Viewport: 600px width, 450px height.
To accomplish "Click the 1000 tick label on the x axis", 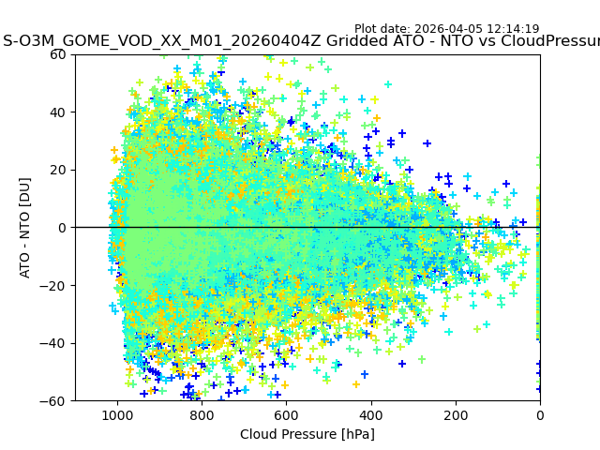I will point(117,414).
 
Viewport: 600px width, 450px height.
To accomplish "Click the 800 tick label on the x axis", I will point(202,414).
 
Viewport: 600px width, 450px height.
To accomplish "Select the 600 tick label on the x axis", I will point(286,414).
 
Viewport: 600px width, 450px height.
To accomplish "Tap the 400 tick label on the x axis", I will point(371,414).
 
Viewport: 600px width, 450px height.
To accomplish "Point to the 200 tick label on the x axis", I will point(456,414).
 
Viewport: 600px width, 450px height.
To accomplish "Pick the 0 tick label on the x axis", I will point(540,414).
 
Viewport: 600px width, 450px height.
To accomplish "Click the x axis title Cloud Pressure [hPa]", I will point(307,434).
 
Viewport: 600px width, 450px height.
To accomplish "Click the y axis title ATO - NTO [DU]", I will point(26,228).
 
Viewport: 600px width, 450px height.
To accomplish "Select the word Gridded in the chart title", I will point(356,41).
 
